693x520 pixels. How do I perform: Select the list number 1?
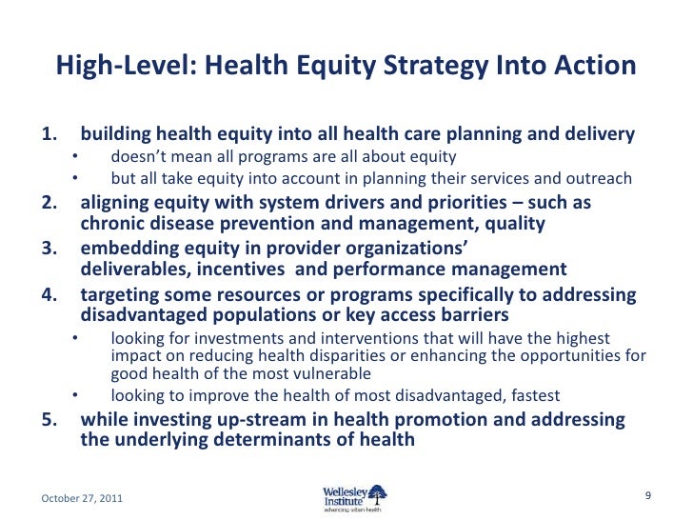(49, 134)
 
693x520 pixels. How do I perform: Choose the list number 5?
(49, 419)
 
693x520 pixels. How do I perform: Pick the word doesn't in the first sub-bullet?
(138, 157)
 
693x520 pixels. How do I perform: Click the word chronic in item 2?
(109, 224)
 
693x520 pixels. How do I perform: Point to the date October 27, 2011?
(81, 498)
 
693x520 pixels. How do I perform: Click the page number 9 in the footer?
(647, 495)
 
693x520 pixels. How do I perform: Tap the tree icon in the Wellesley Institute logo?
(378, 491)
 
